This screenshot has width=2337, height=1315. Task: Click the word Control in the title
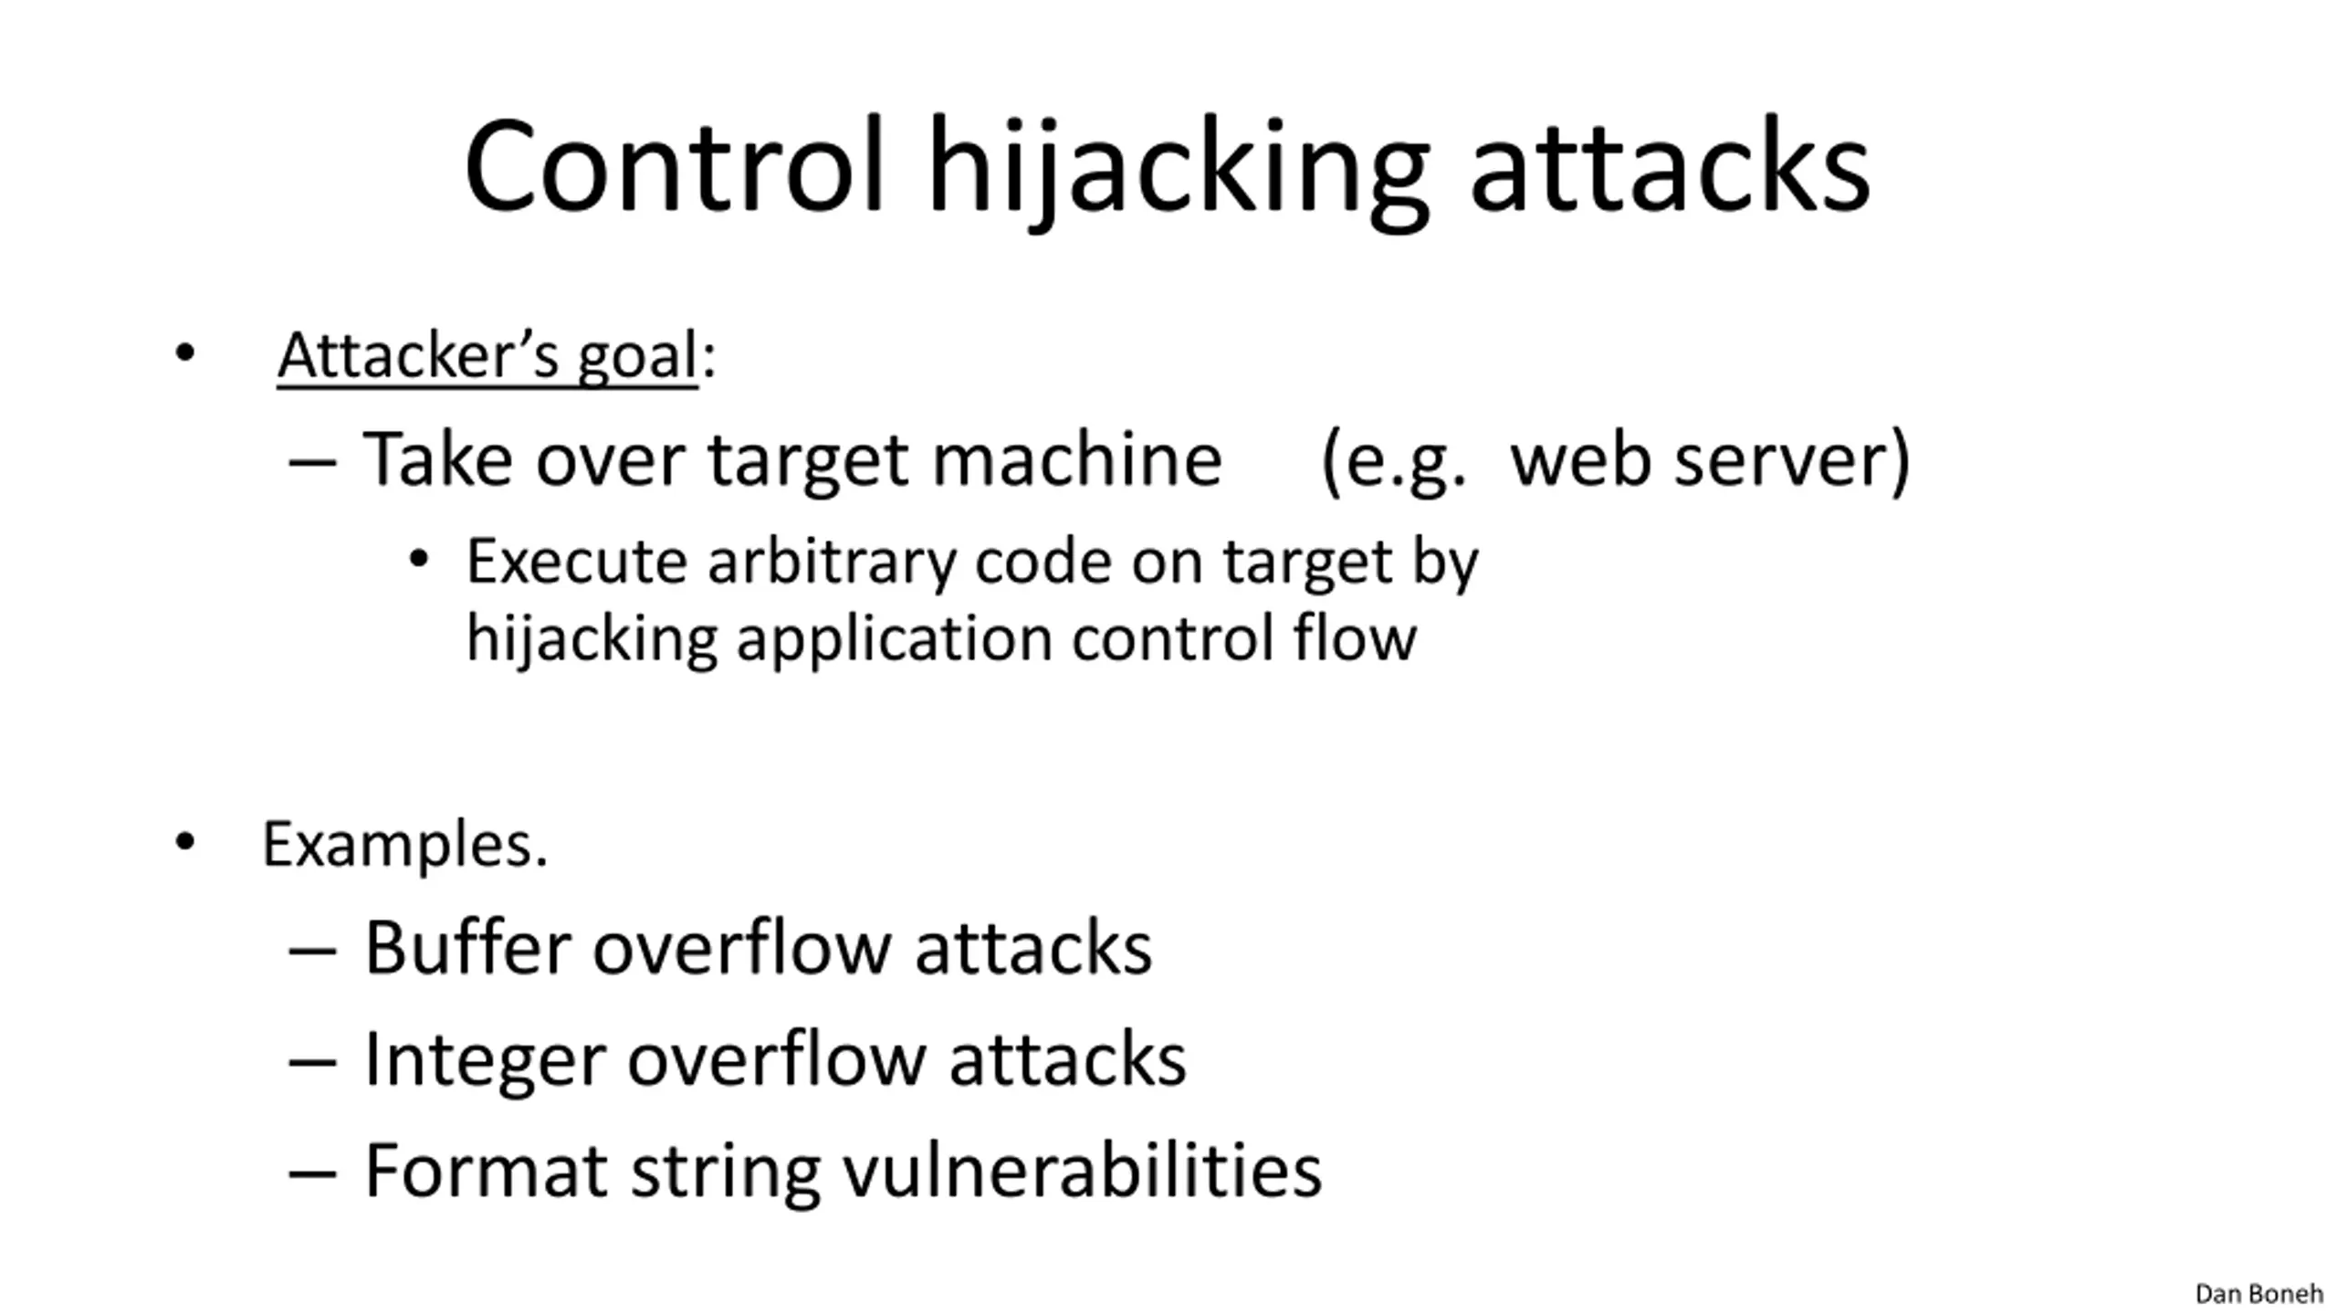pyautogui.click(x=674, y=167)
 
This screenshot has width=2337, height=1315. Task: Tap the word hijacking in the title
pyautogui.click(x=1178, y=169)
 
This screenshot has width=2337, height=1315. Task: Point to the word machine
pyautogui.click(x=1076, y=459)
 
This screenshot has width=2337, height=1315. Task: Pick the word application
pyautogui.click(x=894, y=639)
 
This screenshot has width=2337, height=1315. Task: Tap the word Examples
pyautogui.click(x=405, y=845)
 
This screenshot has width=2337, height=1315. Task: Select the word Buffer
pyautogui.click(x=467, y=948)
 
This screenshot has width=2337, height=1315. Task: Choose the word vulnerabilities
pyautogui.click(x=1082, y=1171)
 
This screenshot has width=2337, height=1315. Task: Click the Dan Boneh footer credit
pyautogui.click(x=2258, y=1293)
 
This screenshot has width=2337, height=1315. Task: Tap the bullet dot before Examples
pyautogui.click(x=185, y=842)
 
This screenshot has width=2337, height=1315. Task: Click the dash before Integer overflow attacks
pyautogui.click(x=312, y=1062)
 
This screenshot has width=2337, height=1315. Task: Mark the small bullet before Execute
pyautogui.click(x=418, y=559)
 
